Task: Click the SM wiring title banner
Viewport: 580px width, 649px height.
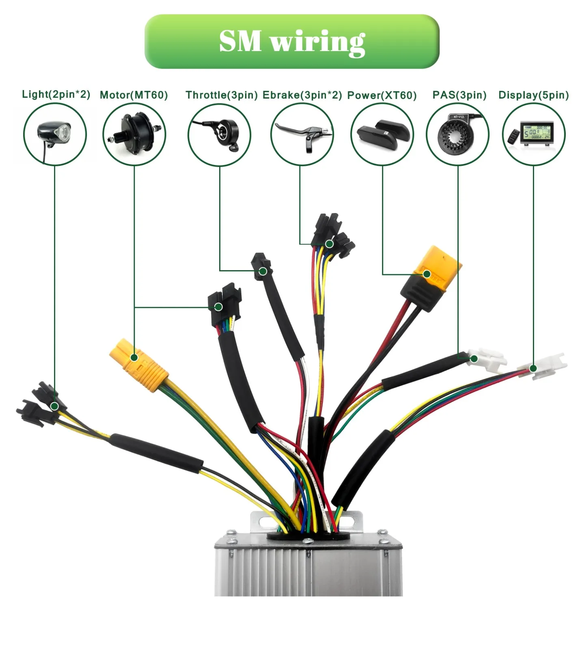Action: (x=291, y=41)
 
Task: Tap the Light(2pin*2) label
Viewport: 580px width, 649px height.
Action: (x=56, y=95)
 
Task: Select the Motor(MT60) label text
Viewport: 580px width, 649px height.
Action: (x=134, y=95)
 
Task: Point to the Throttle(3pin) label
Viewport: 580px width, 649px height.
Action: (x=221, y=95)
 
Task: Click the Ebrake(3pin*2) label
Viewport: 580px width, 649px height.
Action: (x=302, y=95)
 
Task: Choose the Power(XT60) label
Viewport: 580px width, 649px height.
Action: (x=382, y=96)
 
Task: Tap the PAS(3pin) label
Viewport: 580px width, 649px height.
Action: (x=459, y=95)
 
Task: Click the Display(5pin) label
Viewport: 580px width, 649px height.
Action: (x=533, y=95)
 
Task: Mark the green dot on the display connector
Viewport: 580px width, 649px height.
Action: (x=533, y=368)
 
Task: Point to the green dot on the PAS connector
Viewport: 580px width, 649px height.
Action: (x=474, y=359)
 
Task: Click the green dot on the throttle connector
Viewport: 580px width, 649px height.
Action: (x=263, y=271)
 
